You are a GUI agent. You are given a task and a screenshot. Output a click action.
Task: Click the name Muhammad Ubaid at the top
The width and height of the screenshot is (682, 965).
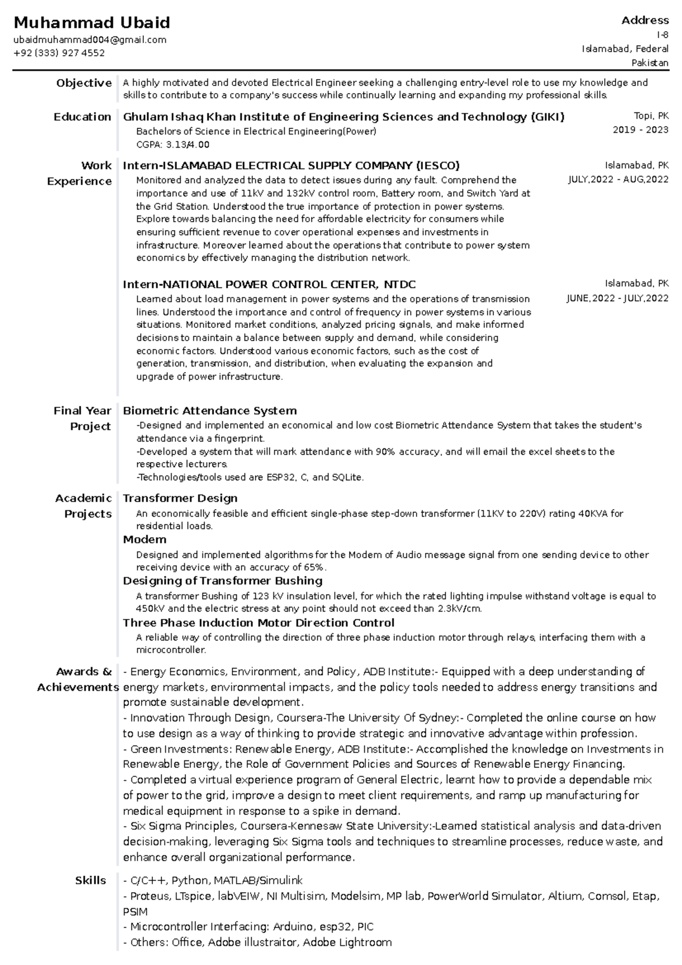tap(92, 23)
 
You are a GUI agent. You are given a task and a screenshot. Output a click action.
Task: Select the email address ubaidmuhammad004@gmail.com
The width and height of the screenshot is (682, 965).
tap(90, 40)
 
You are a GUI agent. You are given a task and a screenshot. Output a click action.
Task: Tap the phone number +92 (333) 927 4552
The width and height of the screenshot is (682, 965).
tap(59, 53)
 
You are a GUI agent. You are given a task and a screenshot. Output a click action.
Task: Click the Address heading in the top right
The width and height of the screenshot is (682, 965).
tap(644, 20)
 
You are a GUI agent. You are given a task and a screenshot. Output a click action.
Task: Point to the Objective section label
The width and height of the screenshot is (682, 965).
tap(84, 83)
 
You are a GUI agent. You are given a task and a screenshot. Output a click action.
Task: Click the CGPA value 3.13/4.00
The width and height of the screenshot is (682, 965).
tap(192, 145)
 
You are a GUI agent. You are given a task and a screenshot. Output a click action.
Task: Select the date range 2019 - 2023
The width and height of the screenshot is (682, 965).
tap(640, 130)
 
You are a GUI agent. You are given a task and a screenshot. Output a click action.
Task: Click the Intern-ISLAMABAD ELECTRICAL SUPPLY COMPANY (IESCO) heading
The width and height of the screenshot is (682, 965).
tap(291, 166)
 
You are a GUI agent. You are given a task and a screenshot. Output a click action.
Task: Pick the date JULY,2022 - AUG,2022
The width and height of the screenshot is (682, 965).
tap(618, 180)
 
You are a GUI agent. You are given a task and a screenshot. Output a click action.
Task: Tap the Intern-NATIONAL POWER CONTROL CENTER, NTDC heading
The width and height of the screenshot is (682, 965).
tap(269, 284)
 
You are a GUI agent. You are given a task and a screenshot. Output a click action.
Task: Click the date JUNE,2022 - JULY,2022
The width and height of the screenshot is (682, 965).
tap(617, 298)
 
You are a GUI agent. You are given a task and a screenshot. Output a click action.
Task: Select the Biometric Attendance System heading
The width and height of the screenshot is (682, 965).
tap(210, 410)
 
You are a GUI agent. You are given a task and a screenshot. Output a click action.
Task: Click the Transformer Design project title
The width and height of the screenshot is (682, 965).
tap(180, 498)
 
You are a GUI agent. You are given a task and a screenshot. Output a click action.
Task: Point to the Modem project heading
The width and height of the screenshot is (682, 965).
tap(144, 539)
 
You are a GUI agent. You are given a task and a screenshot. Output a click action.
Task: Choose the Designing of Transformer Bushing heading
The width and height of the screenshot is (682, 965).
tap(223, 581)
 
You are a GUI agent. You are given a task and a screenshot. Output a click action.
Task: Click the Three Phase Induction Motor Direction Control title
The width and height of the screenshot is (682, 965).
tap(259, 622)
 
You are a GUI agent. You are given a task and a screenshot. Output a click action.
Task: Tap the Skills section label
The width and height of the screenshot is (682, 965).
tap(90, 880)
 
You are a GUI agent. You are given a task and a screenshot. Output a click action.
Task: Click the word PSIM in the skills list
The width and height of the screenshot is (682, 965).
tap(135, 912)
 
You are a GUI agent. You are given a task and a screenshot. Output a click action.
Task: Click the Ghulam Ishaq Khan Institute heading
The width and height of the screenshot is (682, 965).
tap(343, 117)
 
